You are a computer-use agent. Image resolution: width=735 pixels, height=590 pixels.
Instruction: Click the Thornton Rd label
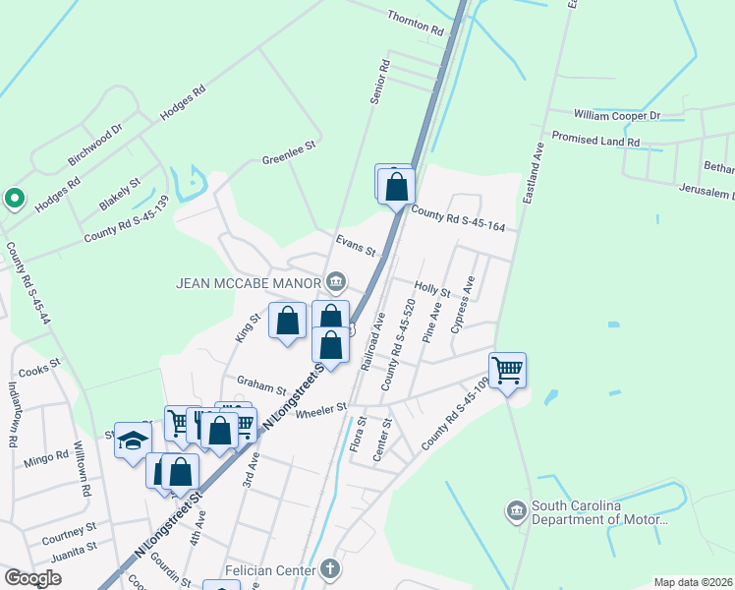click(x=416, y=24)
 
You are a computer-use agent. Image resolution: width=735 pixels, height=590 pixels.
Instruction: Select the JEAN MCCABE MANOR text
click(x=249, y=283)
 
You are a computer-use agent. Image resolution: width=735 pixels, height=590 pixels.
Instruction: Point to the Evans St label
click(x=356, y=245)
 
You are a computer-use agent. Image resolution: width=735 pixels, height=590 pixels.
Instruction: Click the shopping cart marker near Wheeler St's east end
click(x=507, y=371)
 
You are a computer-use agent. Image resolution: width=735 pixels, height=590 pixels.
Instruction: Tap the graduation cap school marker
click(x=133, y=440)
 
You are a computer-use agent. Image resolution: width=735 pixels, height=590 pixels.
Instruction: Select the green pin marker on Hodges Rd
click(x=14, y=199)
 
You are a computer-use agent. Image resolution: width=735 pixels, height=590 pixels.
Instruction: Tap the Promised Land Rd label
click(x=595, y=140)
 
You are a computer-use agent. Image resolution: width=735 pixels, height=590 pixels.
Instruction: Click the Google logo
click(x=32, y=578)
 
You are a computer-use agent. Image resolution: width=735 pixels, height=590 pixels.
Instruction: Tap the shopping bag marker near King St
click(x=287, y=322)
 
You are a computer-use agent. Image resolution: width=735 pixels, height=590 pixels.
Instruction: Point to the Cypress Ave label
click(x=463, y=304)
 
